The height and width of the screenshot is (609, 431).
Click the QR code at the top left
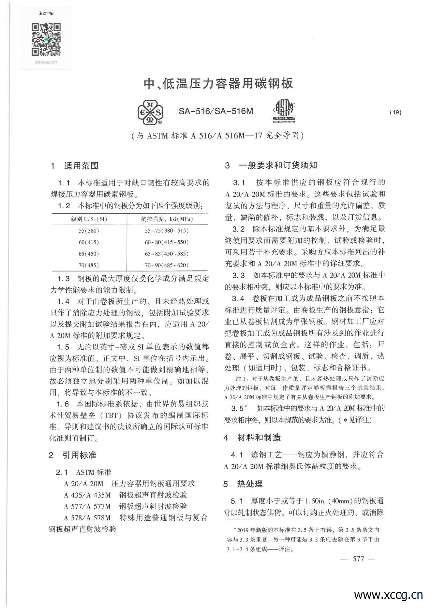(x=46, y=39)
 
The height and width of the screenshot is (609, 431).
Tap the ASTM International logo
(x=284, y=111)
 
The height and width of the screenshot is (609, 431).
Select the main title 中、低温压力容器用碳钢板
(x=218, y=84)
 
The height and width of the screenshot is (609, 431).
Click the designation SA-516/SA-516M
(x=216, y=111)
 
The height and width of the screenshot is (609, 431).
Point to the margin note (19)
(x=395, y=112)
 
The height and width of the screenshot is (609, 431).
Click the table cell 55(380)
(x=89, y=231)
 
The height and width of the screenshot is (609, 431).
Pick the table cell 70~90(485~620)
(x=167, y=265)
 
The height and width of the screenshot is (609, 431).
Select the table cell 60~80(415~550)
(x=167, y=242)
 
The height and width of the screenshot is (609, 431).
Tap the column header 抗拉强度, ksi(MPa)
(x=167, y=219)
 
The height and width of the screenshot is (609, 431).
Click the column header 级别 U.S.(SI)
(x=89, y=219)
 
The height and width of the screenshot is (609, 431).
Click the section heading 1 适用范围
(x=74, y=166)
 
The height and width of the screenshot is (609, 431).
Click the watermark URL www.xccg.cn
(x=388, y=595)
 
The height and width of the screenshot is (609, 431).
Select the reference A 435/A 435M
(x=87, y=495)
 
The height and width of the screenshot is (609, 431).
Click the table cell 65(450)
(x=89, y=254)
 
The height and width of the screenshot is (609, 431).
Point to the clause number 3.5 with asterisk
(x=239, y=408)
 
